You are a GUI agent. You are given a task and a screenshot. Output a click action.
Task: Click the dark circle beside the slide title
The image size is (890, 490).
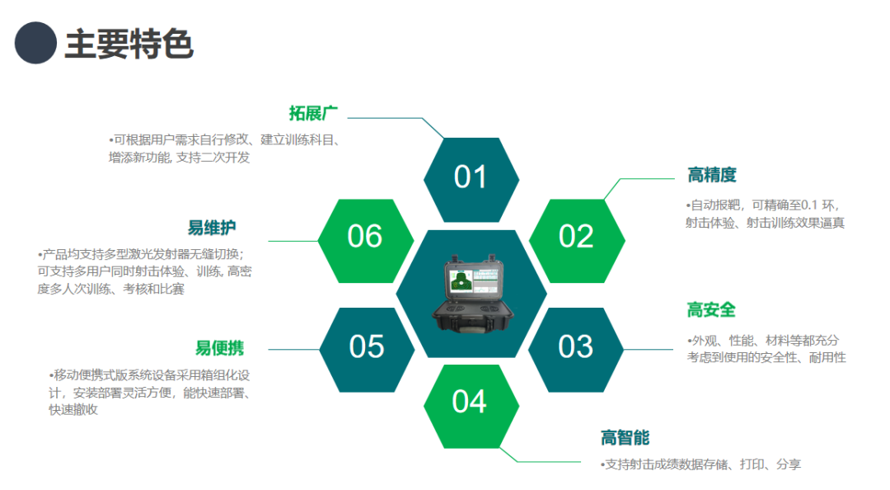click(35, 43)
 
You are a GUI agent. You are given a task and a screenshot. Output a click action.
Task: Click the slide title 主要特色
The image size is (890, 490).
click(129, 44)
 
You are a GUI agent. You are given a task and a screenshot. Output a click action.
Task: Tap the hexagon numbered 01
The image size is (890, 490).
click(471, 180)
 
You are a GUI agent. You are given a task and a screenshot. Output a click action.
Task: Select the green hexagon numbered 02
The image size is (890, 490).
click(577, 240)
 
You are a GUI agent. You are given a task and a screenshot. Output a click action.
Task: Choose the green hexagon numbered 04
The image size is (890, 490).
click(471, 406)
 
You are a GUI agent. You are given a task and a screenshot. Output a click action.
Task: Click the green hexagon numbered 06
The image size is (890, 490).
click(366, 240)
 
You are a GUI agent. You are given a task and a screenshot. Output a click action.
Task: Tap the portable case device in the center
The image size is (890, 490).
click(473, 294)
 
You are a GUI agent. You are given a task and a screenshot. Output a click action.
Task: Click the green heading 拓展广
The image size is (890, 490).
click(313, 113)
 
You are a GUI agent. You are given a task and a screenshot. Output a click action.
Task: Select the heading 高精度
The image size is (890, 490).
click(712, 175)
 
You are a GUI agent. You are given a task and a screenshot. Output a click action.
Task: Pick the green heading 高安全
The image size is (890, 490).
click(711, 310)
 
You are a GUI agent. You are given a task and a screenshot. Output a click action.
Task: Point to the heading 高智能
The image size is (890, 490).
click(625, 438)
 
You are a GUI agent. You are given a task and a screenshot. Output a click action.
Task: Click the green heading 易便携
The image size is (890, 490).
click(220, 348)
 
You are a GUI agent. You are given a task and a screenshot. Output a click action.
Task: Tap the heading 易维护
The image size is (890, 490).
click(212, 228)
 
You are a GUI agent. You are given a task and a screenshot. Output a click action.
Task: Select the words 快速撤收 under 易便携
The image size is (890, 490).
click(73, 410)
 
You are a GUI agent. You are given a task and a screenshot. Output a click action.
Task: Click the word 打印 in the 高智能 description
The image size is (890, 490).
click(752, 464)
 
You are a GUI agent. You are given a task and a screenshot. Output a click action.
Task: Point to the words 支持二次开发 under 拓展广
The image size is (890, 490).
click(213, 158)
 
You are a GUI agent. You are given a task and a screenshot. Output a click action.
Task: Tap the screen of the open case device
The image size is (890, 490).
click(473, 281)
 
